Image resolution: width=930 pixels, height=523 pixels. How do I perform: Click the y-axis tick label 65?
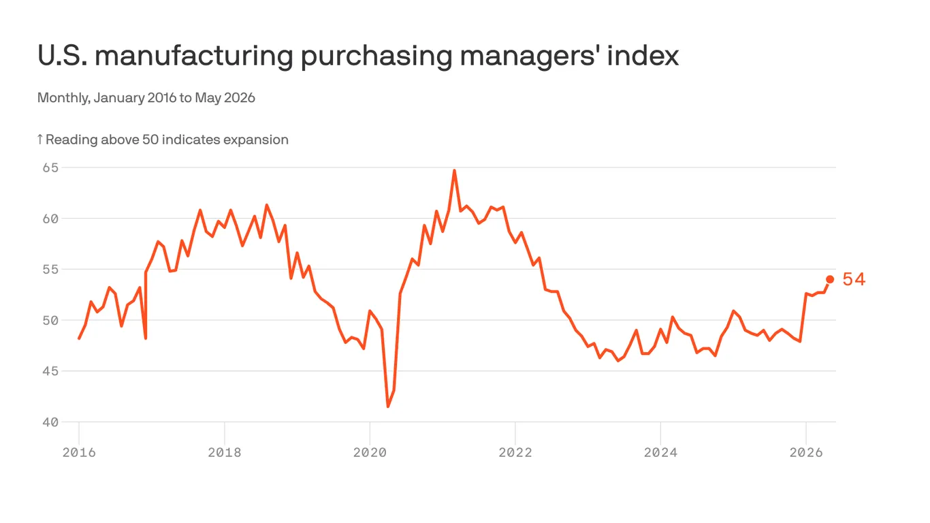tap(50, 168)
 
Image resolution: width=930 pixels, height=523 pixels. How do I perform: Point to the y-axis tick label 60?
tap(50, 219)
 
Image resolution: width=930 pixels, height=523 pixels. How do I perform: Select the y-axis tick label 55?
tap(50, 270)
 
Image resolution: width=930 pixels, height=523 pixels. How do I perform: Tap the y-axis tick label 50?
tap(50, 320)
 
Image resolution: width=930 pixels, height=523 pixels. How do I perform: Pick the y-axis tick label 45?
tap(50, 371)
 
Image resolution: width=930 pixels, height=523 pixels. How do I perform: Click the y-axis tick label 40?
tap(50, 422)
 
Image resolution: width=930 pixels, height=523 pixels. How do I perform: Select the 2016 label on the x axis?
tap(79, 452)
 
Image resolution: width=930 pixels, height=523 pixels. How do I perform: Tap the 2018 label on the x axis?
tap(224, 452)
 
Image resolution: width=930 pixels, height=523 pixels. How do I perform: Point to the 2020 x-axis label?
tap(370, 452)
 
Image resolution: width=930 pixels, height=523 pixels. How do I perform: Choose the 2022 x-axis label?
tap(515, 452)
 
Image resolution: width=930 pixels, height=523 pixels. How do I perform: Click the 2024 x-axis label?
tap(660, 452)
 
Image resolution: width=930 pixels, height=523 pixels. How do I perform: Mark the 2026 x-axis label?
tap(806, 452)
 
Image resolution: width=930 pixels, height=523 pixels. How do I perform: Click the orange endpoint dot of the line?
tap(830, 279)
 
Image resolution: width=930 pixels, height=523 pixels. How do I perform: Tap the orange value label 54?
tap(854, 279)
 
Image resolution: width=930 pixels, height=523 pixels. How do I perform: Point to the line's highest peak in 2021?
tap(454, 170)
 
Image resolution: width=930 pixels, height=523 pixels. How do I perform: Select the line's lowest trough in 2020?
tap(388, 407)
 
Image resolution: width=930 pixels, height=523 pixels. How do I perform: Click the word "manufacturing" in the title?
tap(194, 56)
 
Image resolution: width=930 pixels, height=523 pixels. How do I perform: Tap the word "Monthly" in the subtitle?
tap(64, 98)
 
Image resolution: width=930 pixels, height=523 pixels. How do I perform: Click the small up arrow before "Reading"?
tap(40, 139)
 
